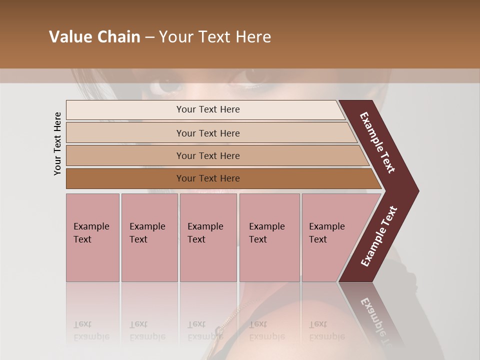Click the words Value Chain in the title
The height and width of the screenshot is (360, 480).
click(x=94, y=37)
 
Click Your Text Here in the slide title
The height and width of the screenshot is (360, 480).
click(x=215, y=37)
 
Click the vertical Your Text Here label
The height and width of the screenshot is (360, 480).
click(x=57, y=143)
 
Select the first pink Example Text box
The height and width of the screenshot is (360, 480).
click(x=92, y=237)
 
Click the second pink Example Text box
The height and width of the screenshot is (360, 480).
click(x=149, y=237)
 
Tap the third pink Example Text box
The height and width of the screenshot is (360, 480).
click(x=208, y=237)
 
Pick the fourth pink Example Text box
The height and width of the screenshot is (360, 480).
click(x=269, y=237)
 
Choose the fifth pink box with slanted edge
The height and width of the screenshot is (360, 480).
click(x=330, y=237)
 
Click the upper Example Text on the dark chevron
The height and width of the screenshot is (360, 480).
click(x=377, y=143)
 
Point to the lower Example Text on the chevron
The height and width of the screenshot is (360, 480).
click(x=379, y=236)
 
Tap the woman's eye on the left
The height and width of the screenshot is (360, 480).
click(x=168, y=85)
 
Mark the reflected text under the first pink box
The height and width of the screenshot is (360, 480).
click(x=91, y=330)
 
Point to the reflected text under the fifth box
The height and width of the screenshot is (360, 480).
click(x=327, y=330)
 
